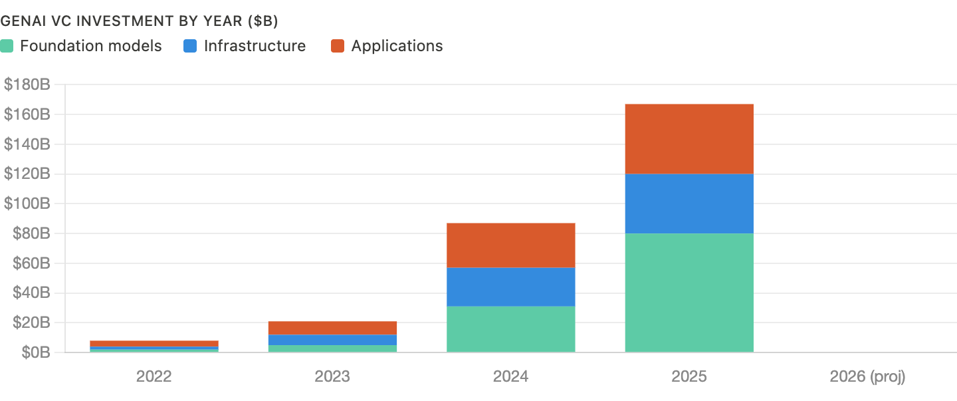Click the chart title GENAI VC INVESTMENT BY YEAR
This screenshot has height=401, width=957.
click(139, 21)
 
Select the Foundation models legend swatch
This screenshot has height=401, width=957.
click(7, 47)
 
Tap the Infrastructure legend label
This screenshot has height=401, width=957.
click(255, 47)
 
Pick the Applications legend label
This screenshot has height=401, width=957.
click(397, 47)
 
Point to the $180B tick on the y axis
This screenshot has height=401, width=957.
click(27, 85)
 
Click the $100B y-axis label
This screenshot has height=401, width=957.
click(27, 204)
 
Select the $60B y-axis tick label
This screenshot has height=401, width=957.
click(29, 263)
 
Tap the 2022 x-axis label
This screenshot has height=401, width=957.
click(154, 376)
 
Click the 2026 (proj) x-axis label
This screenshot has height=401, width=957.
click(867, 376)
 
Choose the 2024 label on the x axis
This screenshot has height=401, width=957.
click(510, 376)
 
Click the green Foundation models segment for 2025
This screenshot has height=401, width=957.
click(689, 293)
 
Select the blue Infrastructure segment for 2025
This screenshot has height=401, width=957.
click(689, 203)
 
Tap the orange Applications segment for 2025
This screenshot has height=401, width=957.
click(689, 139)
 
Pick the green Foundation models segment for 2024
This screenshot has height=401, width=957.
click(510, 329)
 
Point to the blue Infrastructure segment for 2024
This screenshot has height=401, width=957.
click(510, 287)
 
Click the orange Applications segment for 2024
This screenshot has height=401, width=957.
click(510, 245)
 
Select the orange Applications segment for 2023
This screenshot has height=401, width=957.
click(332, 329)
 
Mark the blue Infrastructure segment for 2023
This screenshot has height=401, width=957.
click(332, 340)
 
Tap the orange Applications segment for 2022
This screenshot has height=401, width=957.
click(154, 343)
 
